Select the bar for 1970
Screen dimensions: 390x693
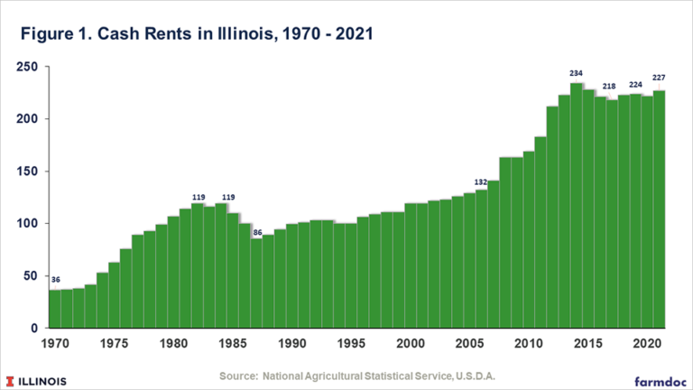pyautogui.click(x=54, y=309)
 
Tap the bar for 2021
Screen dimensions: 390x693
pyautogui.click(x=660, y=209)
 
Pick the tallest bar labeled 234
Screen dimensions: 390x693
pyautogui.click(x=576, y=206)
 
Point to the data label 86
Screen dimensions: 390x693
pyautogui.click(x=256, y=232)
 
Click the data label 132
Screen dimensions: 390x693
pyautogui.click(x=481, y=181)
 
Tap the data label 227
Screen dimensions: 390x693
pyautogui.click(x=659, y=78)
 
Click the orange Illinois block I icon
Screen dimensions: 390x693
pyautogui.click(x=12, y=378)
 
